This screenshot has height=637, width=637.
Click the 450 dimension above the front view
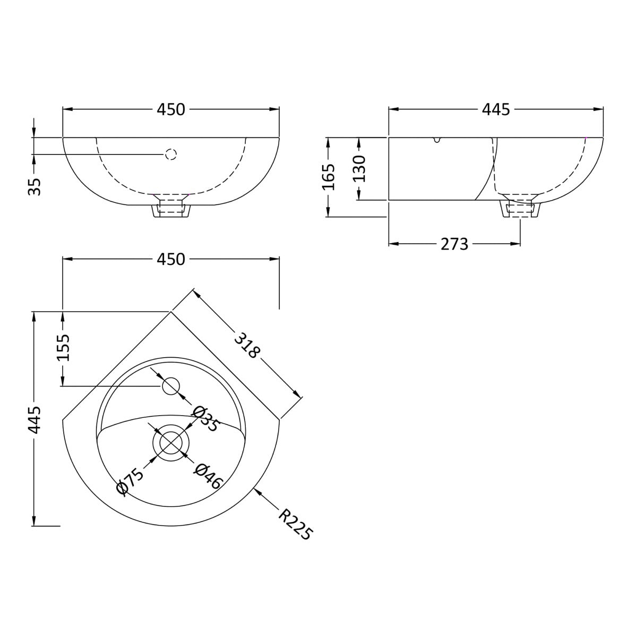click(171, 109)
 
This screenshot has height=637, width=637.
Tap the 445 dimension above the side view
click(496, 109)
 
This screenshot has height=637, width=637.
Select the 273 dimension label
click(454, 244)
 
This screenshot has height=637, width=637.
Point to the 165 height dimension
click(329, 177)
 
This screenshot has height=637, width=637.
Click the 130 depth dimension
click(359, 169)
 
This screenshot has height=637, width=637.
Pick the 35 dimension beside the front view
click(35, 187)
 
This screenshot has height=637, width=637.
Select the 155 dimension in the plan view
click(63, 348)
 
